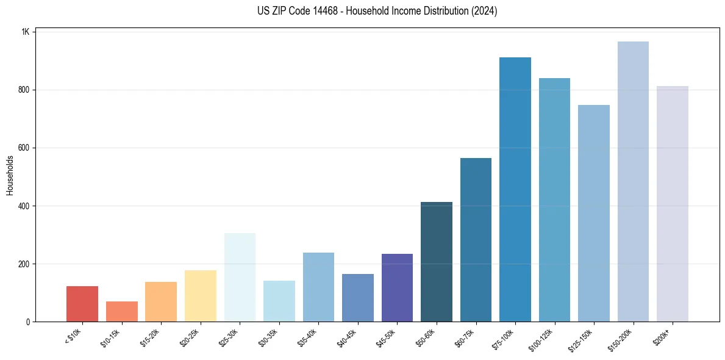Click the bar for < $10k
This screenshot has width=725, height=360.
coord(82,304)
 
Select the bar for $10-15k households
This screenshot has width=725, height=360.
coord(121,311)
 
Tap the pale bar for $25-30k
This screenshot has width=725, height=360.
coord(240,277)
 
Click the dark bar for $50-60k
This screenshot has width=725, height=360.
coord(437,262)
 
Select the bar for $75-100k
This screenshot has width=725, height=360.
coord(515,189)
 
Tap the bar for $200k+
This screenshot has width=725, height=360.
coord(673,204)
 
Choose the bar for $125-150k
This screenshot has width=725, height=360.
coord(594,213)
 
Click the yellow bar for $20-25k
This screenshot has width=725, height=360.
coord(201,296)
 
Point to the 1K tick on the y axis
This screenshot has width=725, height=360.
coord(26,32)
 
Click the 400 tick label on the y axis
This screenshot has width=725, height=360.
coord(24,206)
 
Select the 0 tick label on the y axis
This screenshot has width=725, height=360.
coord(28,322)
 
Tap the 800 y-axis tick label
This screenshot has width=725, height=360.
coord(24,90)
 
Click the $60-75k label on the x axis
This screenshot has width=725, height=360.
coord(465,337)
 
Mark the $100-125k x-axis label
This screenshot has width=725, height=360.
coord(541,339)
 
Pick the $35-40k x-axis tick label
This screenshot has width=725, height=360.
coord(307,337)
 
